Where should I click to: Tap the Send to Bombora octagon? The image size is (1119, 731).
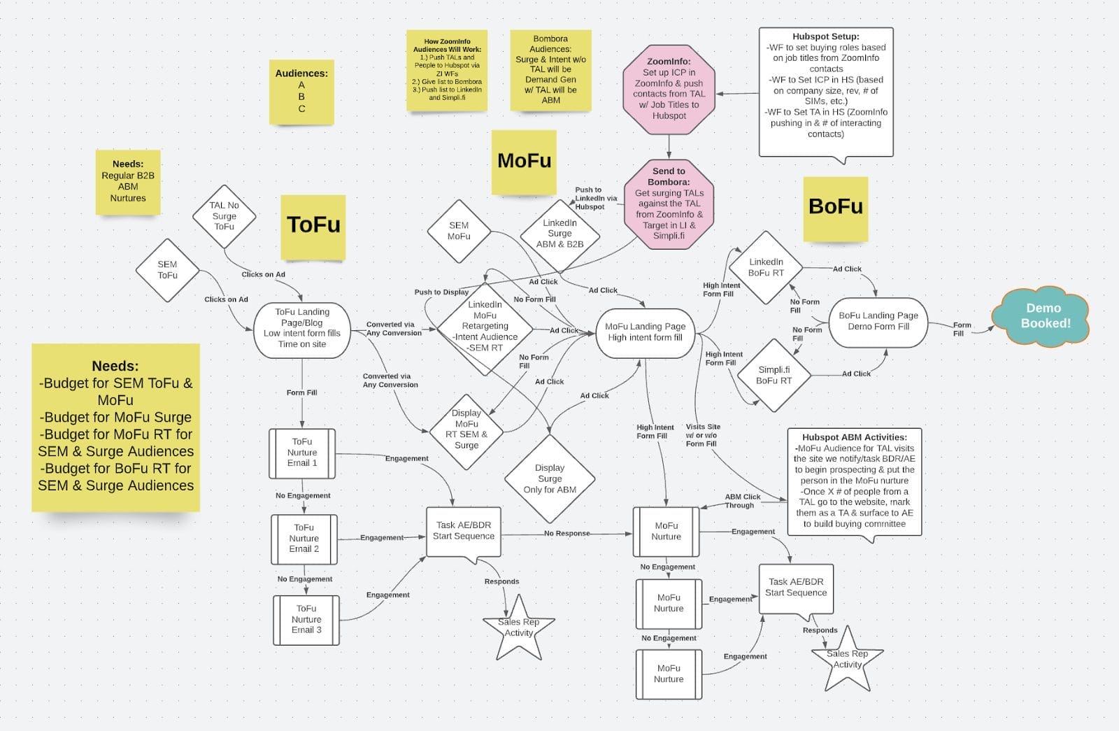click(669, 203)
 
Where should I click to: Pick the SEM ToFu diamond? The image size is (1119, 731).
click(167, 270)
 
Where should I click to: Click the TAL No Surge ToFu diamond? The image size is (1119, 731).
click(224, 216)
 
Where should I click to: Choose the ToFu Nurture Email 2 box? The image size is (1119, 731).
click(304, 539)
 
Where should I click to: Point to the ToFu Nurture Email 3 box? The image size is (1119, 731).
click(306, 620)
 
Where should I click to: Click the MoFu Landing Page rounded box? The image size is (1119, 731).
click(645, 332)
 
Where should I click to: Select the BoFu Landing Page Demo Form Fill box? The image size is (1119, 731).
click(878, 321)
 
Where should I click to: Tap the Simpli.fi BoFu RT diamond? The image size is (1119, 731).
click(774, 375)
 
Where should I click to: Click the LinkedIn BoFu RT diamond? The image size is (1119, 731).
click(766, 267)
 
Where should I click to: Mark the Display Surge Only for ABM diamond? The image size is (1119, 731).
click(550, 478)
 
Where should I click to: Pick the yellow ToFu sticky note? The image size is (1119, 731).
click(313, 225)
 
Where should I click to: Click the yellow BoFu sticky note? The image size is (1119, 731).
click(835, 207)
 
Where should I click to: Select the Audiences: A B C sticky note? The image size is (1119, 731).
click(301, 91)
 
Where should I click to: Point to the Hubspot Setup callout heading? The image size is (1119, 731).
click(825, 36)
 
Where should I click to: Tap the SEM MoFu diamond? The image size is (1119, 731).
click(459, 231)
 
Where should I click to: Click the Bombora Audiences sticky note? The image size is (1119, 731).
click(550, 69)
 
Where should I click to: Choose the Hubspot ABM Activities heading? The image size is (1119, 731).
click(854, 437)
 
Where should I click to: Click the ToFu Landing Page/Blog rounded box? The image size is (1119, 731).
click(302, 328)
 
